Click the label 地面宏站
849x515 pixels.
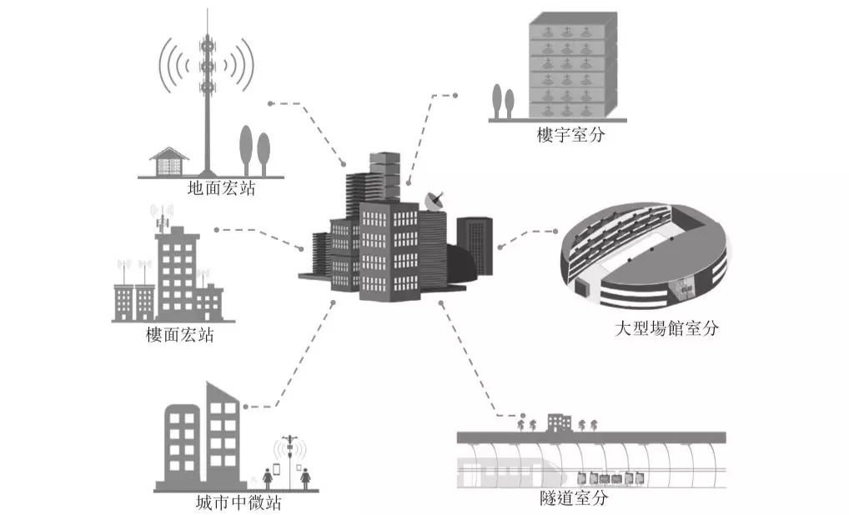[221, 188]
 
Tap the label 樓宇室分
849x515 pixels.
[570, 135]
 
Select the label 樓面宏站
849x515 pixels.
[180, 335]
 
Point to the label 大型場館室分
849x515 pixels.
[666, 328]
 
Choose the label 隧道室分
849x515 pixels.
[574, 497]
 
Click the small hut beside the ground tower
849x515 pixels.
[169, 162]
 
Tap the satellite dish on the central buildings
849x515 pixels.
[435, 201]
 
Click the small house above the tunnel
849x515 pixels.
[560, 422]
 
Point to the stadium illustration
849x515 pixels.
[645, 257]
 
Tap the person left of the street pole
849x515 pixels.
[268, 478]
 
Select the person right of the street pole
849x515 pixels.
[305, 478]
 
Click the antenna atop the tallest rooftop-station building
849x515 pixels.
[162, 217]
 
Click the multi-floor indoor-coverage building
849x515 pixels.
[573, 65]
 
